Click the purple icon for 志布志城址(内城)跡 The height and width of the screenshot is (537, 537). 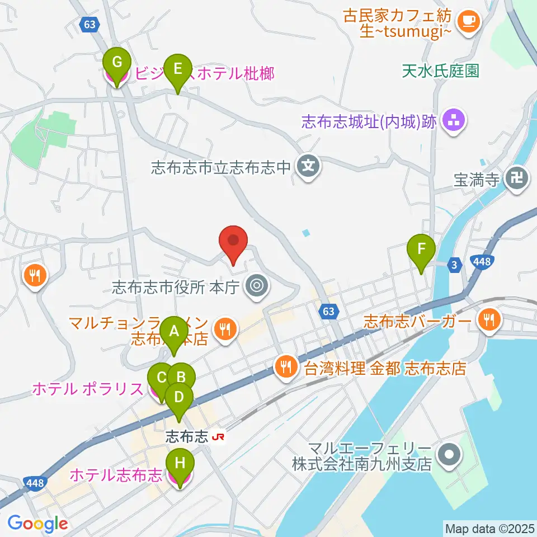click(454, 121)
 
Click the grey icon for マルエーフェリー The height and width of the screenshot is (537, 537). click(449, 456)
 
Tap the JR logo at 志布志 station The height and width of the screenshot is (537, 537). click(219, 437)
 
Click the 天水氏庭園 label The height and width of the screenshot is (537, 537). click(441, 71)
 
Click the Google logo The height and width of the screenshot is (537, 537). click(38, 524)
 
